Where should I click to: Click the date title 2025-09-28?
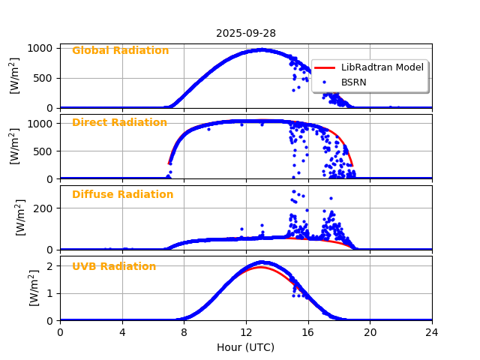246,33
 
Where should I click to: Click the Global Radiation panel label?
120,51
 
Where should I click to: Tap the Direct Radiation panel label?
119,123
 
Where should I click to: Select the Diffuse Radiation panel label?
122,195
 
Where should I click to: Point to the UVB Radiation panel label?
114,267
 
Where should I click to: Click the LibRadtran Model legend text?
382,67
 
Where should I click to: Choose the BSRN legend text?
353,82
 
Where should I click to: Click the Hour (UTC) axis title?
246,347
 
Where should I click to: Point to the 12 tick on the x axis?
246,331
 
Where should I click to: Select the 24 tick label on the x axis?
432,331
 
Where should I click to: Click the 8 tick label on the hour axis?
184,331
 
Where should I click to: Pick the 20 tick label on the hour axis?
370,331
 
